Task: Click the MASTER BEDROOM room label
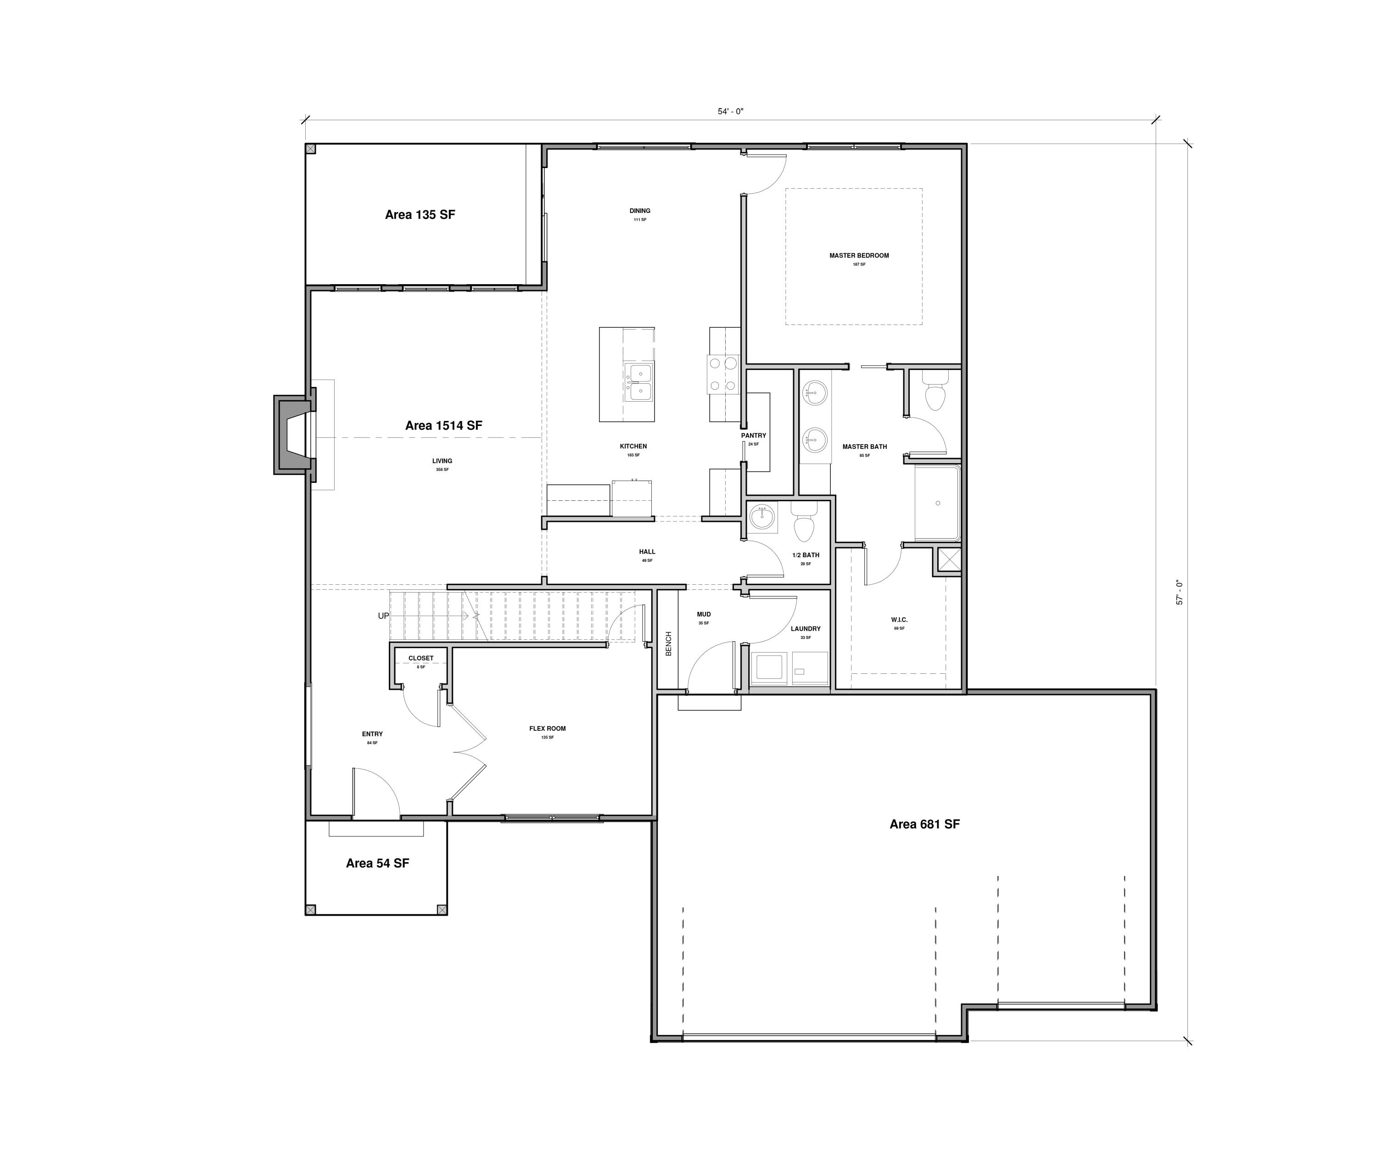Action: point(859,256)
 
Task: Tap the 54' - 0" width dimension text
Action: point(730,112)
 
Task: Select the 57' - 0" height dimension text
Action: point(1179,592)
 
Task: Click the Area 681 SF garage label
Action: point(924,824)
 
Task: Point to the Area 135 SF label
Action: point(420,215)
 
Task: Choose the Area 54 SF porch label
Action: point(377,863)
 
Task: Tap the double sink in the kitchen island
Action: point(638,382)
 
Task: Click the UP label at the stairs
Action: point(383,616)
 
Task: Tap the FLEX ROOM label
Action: point(547,728)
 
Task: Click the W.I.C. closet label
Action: point(899,620)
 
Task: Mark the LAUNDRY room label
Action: point(806,629)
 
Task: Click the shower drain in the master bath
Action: point(937,503)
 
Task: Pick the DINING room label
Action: point(639,211)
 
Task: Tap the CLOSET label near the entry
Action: point(420,658)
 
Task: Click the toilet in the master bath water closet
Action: point(934,393)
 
